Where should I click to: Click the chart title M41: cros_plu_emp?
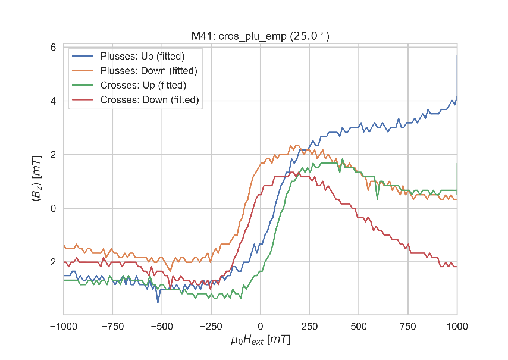point(260,36)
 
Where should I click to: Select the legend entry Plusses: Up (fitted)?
point(142,57)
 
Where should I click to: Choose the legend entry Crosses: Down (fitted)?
point(149,99)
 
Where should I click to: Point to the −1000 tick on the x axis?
point(64,325)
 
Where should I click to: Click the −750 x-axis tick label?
point(113,325)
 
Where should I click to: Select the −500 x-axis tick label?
point(162,325)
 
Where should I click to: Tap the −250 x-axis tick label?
point(211,325)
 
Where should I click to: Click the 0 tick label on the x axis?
point(260,325)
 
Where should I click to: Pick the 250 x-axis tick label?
point(309,325)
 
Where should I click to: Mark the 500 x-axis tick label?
point(358,325)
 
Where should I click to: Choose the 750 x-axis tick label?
point(407,325)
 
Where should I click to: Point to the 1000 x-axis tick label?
point(457,325)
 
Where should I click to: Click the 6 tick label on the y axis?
point(52,48)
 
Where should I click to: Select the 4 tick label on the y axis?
point(52,101)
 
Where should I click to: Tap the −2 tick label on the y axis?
point(50,262)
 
